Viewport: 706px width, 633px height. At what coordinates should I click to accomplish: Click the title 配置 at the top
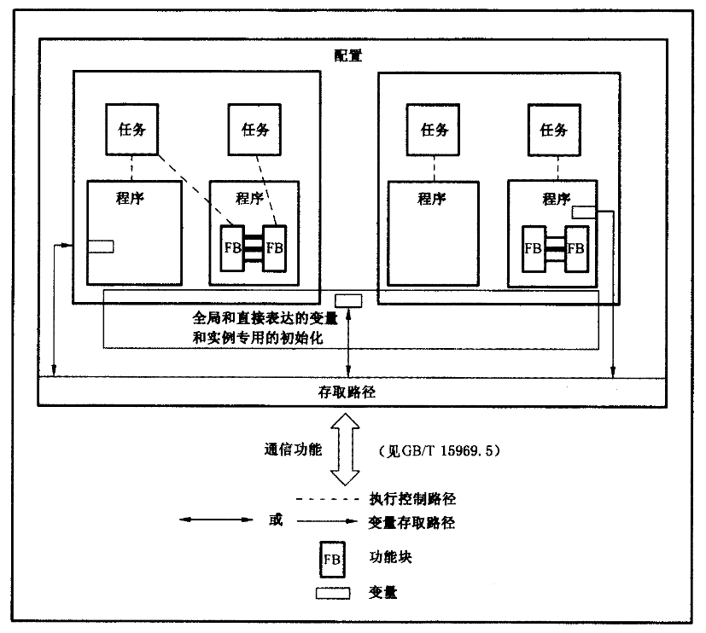pos(348,57)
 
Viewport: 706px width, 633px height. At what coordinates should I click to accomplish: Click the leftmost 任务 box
pos(132,130)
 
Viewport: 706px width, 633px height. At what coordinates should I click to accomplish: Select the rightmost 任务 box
pos(553,130)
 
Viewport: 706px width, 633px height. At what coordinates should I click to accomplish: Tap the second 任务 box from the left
pos(255,130)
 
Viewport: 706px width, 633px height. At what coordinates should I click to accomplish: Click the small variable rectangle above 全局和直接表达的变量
pos(348,299)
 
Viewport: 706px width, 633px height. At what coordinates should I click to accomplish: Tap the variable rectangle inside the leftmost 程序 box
pos(100,247)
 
